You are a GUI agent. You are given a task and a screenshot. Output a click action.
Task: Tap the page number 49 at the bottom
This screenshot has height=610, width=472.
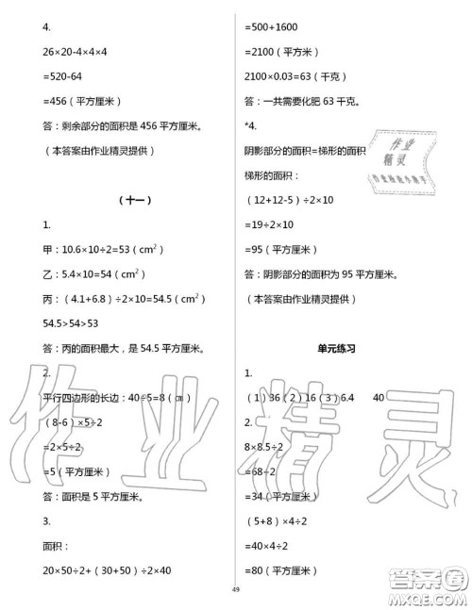236,590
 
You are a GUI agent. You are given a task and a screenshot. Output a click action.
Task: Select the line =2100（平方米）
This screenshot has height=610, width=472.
281,51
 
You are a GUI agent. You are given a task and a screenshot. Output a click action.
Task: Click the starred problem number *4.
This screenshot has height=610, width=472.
249,124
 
